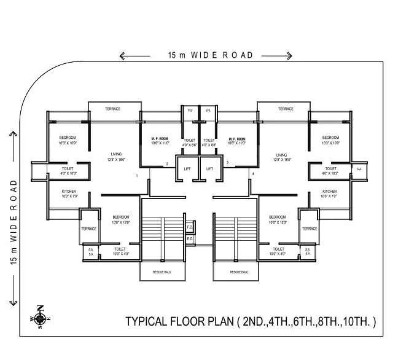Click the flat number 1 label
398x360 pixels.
[x=137, y=176]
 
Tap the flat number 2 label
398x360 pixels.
[x=166, y=163]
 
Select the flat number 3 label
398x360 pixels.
[x=227, y=163]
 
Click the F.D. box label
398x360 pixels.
[x=190, y=227]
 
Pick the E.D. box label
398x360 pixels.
[x=190, y=238]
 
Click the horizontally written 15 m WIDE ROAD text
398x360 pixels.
[x=211, y=55]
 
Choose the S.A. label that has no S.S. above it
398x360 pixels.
[x=359, y=168]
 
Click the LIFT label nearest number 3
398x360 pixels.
[x=209, y=168]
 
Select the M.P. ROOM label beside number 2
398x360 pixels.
[x=161, y=141]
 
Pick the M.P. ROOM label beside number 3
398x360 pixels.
[x=236, y=141]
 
